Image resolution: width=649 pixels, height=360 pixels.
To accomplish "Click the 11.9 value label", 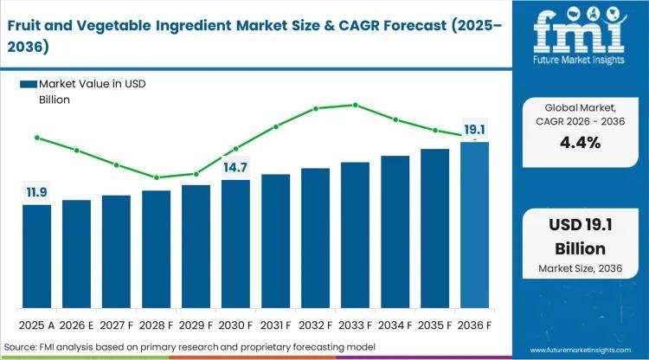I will [x=36, y=190].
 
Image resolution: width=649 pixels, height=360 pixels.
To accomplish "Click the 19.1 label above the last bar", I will [x=474, y=131].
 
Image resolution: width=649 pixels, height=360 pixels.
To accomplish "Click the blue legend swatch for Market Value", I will [x=29, y=84].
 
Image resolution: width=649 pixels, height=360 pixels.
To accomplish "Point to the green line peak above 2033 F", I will [x=355, y=105].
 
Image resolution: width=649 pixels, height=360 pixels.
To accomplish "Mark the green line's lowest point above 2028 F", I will [x=156, y=177].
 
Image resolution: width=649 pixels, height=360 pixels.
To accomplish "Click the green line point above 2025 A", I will [x=36, y=137].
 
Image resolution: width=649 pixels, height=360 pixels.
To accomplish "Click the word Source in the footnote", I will [x=23, y=347].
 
